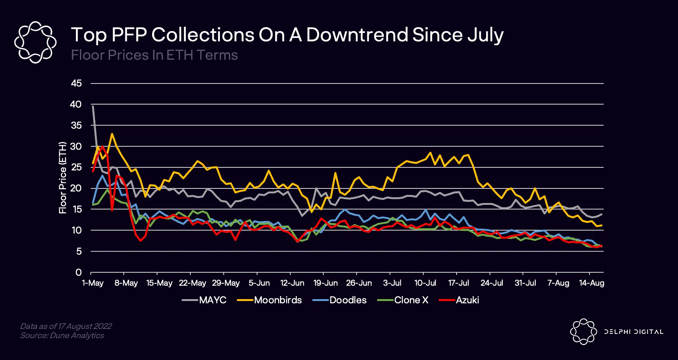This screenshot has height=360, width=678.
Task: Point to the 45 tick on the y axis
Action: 76,83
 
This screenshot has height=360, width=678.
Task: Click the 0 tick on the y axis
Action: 79,272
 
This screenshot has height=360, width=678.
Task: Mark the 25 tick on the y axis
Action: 76,167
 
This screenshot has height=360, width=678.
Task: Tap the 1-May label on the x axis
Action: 93,283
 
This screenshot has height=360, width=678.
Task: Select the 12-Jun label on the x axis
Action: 292,283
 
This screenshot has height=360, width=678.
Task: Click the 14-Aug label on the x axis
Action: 592,283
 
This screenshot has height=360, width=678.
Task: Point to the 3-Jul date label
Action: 392,283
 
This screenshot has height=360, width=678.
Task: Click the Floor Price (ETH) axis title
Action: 62,178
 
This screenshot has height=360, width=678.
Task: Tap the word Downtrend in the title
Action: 357,35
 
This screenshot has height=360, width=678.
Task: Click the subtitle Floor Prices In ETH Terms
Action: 154,55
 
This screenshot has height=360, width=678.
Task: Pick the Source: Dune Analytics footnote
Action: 62,335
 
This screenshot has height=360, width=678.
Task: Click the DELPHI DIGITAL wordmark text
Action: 634,332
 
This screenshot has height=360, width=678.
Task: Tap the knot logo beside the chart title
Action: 35,42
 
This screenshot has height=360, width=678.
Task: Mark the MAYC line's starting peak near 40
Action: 93,106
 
